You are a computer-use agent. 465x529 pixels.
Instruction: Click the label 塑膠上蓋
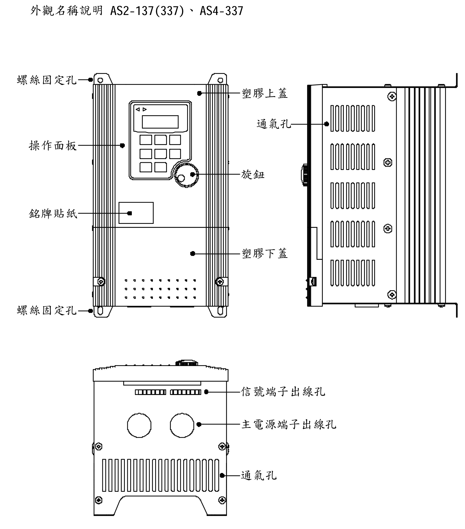264,93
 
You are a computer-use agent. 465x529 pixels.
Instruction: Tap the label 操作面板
53,146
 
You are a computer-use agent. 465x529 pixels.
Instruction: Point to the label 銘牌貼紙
53,214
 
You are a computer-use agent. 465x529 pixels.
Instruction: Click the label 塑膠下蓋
264,254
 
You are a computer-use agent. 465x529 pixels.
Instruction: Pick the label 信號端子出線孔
283,392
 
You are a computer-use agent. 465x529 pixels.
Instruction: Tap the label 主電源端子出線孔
289,424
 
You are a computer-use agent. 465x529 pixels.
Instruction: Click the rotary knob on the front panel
186,176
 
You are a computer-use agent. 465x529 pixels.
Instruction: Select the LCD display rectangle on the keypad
160,122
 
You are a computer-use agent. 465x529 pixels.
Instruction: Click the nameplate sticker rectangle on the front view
136,213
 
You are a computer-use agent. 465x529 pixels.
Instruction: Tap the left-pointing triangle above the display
138,109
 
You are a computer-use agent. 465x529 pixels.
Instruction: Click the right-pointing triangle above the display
145,109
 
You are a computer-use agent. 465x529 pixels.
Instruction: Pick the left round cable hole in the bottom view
139,425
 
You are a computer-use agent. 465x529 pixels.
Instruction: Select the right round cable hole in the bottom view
182,425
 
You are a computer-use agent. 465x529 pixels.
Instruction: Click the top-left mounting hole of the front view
100,80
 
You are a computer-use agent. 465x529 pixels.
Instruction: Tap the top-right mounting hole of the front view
220,80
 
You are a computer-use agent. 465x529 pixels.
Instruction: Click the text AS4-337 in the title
221,11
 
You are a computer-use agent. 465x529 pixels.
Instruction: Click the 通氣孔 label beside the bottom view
259,475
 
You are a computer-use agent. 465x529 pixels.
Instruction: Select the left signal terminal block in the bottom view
150,392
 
